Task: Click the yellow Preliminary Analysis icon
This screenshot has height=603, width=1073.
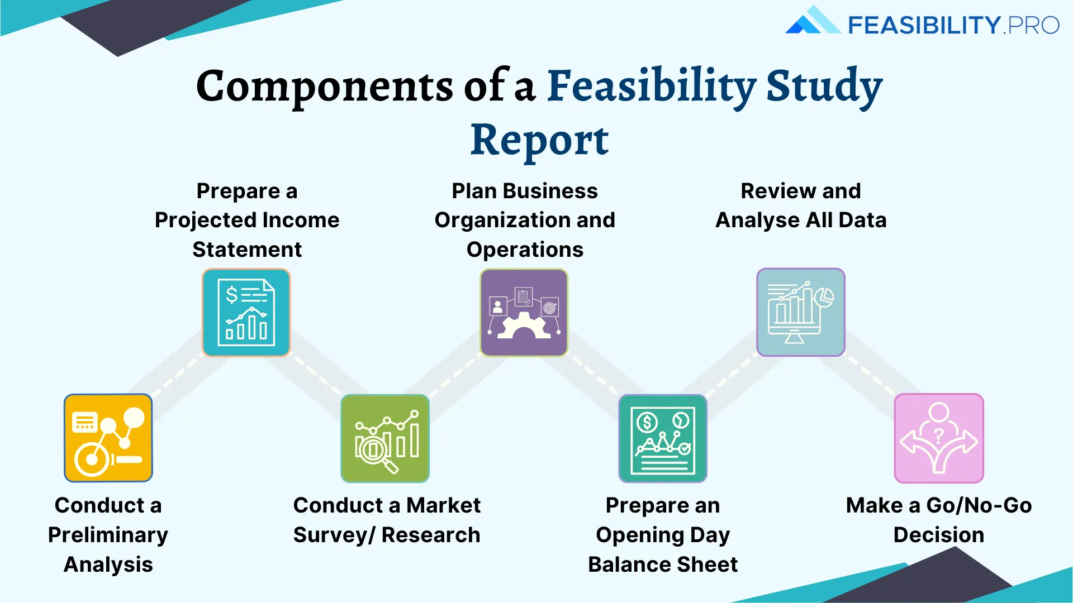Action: click(108, 438)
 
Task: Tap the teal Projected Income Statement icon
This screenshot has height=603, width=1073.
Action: click(246, 313)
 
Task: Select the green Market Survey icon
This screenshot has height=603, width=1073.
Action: click(385, 439)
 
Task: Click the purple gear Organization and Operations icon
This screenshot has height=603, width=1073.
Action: click(524, 313)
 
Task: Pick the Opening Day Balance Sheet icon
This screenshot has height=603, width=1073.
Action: click(663, 439)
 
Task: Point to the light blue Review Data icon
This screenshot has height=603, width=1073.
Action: click(800, 313)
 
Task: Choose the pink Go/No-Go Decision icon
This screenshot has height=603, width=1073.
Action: click(939, 439)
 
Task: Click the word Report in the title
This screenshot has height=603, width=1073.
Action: click(539, 140)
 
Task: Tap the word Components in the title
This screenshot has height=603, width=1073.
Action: click(324, 87)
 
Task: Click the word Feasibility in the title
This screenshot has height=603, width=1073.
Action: click(651, 87)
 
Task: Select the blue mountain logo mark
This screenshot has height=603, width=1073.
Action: click(811, 21)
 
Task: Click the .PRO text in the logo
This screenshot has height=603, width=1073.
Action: click(1031, 25)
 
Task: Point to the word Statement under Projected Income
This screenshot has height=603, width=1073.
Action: click(247, 250)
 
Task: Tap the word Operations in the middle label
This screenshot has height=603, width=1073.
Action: click(525, 250)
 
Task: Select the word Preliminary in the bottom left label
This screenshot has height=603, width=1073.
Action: click(108, 535)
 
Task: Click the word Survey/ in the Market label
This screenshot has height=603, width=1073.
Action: click(334, 535)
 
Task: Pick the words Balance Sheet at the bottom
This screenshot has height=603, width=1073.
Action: click(663, 564)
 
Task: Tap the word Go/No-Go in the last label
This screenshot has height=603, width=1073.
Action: click(979, 505)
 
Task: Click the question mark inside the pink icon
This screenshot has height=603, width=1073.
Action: click(939, 435)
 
